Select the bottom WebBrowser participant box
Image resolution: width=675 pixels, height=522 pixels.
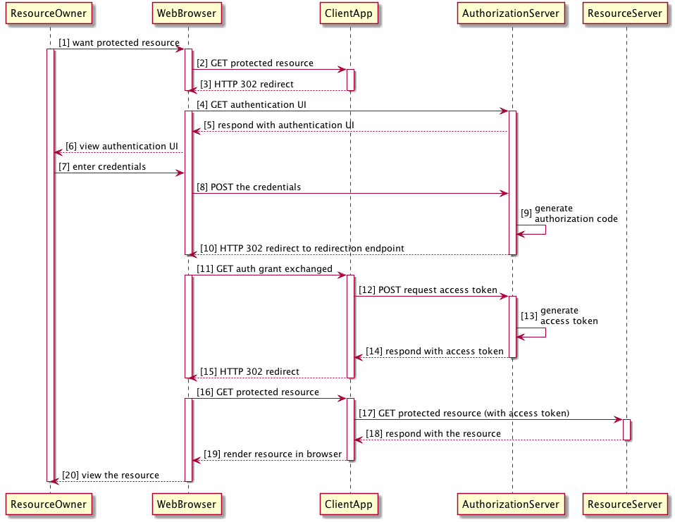click(187, 504)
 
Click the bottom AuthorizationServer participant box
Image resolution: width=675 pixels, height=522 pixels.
click(511, 504)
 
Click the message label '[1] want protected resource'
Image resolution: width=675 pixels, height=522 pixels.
click(119, 43)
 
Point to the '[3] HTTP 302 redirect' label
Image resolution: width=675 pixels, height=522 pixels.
click(247, 85)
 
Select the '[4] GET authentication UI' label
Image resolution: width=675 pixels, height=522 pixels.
click(251, 105)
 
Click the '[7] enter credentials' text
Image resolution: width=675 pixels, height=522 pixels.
click(102, 167)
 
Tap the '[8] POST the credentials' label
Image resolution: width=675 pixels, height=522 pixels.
click(249, 187)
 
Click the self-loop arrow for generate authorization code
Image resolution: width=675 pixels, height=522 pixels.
click(533, 230)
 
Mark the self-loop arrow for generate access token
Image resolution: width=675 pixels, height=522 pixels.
click(533, 332)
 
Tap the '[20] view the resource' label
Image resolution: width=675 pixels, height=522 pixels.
click(110, 476)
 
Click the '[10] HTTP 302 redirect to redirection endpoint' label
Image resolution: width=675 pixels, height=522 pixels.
click(302, 249)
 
